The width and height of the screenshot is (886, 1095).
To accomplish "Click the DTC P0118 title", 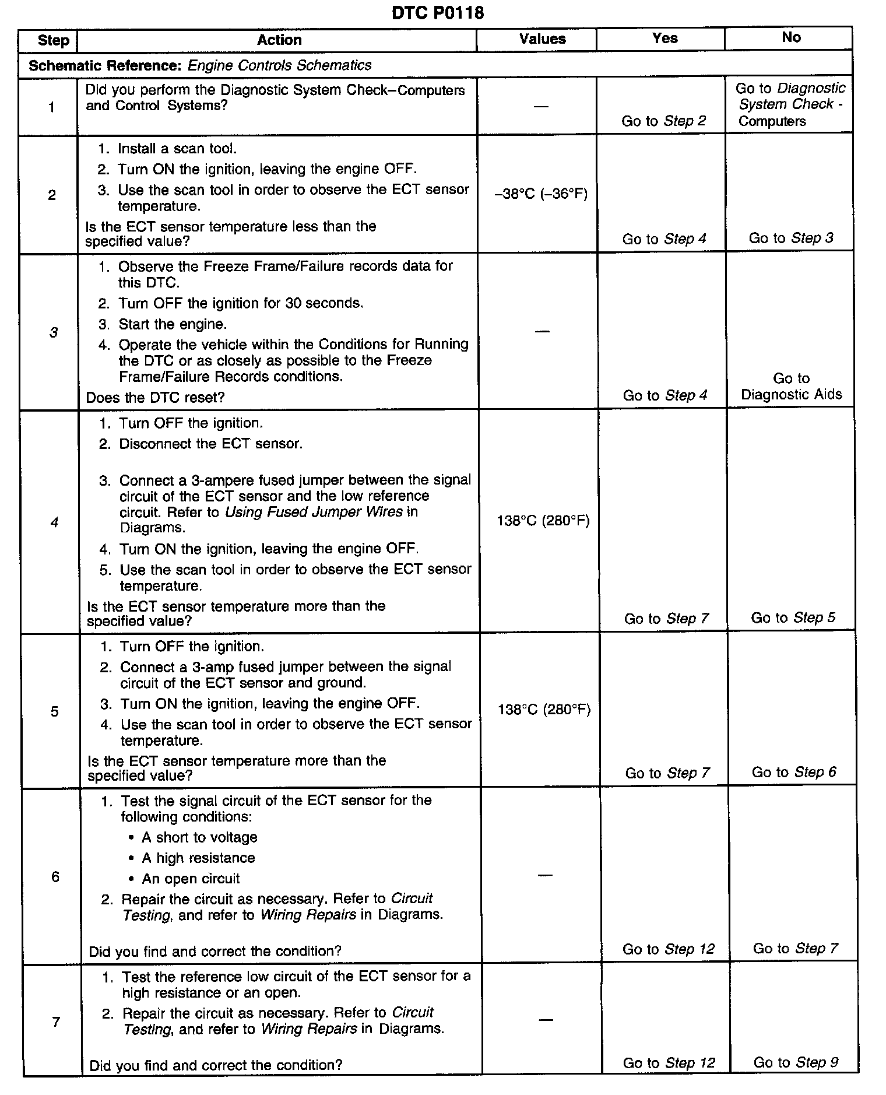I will pyautogui.click(x=438, y=13).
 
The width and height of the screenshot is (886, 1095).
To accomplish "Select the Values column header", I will pyautogui.click(x=542, y=39).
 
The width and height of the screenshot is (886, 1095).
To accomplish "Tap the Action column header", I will pyautogui.click(x=279, y=40).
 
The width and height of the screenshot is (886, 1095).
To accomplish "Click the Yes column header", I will pyautogui.click(x=664, y=38).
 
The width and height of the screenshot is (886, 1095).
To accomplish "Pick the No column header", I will pyautogui.click(x=791, y=37).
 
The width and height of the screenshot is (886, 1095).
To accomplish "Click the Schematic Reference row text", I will pyautogui.click(x=200, y=65).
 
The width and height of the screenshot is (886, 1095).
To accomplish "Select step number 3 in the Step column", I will pyautogui.click(x=54, y=332).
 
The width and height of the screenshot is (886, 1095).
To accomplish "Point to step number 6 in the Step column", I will pyautogui.click(x=55, y=877).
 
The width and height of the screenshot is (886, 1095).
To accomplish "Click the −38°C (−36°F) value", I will pyautogui.click(x=540, y=194).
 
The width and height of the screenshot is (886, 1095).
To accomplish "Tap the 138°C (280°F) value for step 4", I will pyautogui.click(x=543, y=521).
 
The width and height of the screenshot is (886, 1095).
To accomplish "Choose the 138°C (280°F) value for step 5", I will pyautogui.click(x=544, y=710).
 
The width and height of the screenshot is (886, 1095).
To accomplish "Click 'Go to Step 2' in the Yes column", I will pyautogui.click(x=663, y=121).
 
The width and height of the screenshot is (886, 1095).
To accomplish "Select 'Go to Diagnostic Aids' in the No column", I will pyautogui.click(x=791, y=387).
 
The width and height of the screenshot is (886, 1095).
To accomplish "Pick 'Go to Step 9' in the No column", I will pyautogui.click(x=796, y=1062).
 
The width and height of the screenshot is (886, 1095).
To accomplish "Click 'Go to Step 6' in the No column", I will pyautogui.click(x=793, y=773).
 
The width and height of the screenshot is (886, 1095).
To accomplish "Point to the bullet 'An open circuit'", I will pyautogui.click(x=191, y=879).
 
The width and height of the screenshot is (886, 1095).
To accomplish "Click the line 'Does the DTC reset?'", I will pyautogui.click(x=155, y=398).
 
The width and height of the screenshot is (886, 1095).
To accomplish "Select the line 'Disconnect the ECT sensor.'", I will pyautogui.click(x=210, y=444).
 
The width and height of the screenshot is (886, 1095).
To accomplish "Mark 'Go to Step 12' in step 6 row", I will pyautogui.click(x=668, y=949).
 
